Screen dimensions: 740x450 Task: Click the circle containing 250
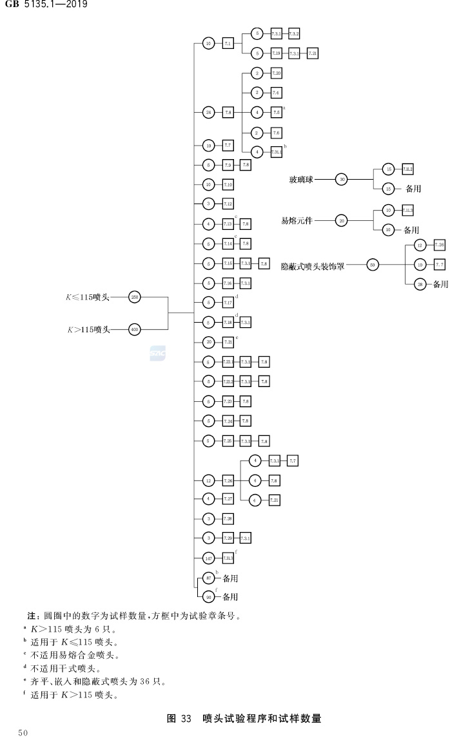(135, 297)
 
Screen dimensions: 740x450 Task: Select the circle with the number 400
(135, 329)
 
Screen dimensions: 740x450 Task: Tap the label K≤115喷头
(88, 297)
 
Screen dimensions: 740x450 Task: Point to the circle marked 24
(208, 112)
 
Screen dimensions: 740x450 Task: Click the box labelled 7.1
(228, 43)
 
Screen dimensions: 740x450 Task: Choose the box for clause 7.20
(276, 73)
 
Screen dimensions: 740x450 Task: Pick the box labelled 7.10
(228, 185)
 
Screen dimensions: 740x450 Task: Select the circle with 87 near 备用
(208, 578)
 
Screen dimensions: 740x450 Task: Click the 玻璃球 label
(301, 180)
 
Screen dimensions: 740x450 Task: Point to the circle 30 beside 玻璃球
(342, 180)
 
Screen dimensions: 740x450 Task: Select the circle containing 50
(372, 264)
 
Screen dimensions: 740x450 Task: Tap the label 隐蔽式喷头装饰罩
(313, 265)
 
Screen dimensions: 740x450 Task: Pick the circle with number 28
(419, 284)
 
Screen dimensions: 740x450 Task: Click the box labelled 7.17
(228, 302)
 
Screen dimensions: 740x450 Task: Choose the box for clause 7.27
(228, 499)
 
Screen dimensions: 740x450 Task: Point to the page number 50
(23, 733)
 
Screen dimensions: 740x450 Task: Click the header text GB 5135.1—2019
(46, 6)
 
